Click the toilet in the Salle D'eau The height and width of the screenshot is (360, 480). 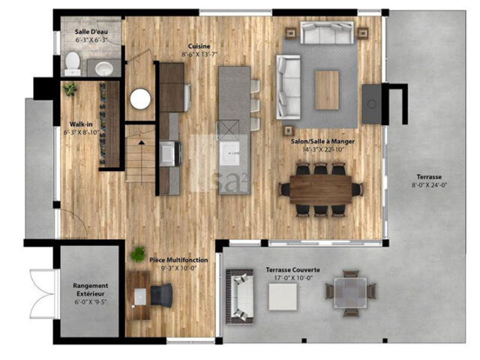[x=73, y=64]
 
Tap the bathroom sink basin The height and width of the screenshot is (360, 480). [x=104, y=68]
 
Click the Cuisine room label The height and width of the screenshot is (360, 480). [x=199, y=46]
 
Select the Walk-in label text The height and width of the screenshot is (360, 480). [x=81, y=124]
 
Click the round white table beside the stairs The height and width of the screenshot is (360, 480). [x=140, y=98]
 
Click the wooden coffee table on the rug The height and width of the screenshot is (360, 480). [x=327, y=90]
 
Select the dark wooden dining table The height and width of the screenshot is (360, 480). [x=321, y=189]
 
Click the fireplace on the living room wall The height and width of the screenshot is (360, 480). [x=372, y=103]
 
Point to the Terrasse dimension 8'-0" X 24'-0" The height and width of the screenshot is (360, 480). [x=429, y=185]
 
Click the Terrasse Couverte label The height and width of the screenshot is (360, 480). [x=293, y=270]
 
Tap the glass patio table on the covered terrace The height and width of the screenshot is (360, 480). [x=350, y=292]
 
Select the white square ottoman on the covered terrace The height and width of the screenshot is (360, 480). [x=283, y=297]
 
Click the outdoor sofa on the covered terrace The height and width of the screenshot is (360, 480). [x=240, y=296]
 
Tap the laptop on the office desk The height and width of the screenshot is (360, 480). [x=140, y=296]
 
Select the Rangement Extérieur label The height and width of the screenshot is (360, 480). [x=90, y=289]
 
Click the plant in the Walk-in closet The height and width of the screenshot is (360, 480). [x=70, y=88]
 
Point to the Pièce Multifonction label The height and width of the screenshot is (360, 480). [x=178, y=260]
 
